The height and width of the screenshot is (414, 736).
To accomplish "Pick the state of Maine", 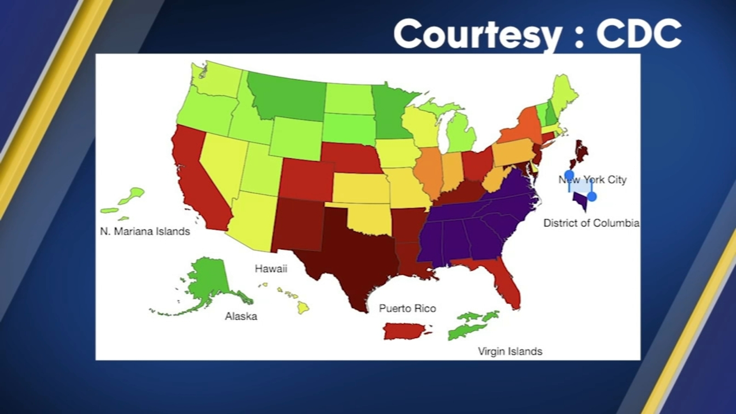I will (x=563, y=94).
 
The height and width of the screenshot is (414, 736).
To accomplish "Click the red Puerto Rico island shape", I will (x=405, y=330).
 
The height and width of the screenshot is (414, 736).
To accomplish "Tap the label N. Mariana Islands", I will (x=145, y=231).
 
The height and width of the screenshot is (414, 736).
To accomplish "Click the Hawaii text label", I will (x=271, y=269).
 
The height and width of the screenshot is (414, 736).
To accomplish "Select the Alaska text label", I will (x=241, y=316).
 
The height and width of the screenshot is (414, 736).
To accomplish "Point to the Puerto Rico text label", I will (x=408, y=309).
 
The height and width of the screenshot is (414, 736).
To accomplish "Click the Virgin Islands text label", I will (x=510, y=351).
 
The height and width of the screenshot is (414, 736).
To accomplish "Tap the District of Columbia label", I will (x=591, y=223).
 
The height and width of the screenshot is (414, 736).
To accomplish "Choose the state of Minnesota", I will (x=391, y=110).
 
